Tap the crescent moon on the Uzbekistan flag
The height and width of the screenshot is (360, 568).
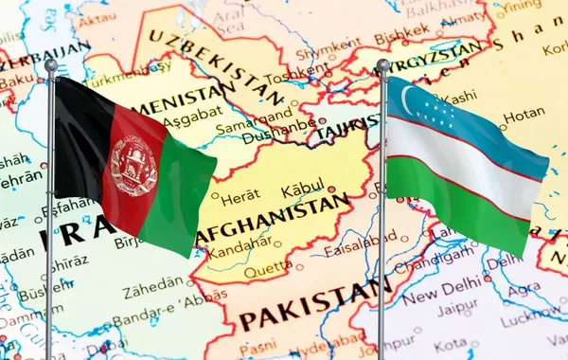(409, 98)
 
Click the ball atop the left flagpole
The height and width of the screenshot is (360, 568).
(50, 65)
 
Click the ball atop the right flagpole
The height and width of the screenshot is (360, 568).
(382, 65)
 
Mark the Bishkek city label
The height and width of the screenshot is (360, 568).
(401, 38)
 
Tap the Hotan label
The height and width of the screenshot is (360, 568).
(524, 116)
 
